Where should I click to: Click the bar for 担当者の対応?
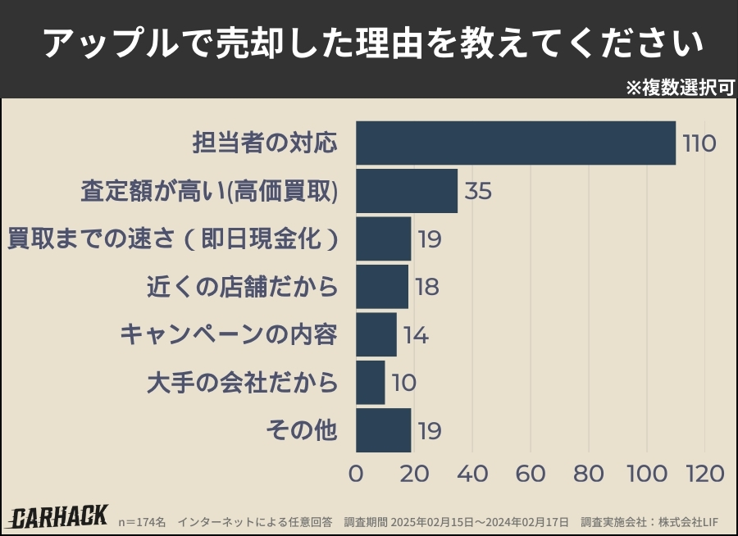516,143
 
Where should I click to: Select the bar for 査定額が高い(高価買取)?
407,191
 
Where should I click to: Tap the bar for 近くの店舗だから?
382,287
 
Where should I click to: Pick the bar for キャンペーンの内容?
376,334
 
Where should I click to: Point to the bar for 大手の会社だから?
371,383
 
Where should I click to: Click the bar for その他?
384,430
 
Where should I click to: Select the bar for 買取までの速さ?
384,238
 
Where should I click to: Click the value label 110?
699,143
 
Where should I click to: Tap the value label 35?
478,191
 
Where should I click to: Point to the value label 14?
416,335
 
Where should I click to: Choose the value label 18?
427,287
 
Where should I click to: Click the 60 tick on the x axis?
531,474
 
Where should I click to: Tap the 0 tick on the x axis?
357,474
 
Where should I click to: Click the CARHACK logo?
60,516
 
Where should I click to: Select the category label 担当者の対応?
265,143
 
